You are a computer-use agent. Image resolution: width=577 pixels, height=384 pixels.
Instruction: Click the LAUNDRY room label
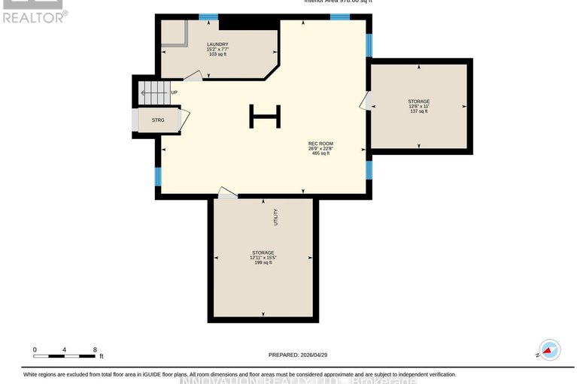(217, 44)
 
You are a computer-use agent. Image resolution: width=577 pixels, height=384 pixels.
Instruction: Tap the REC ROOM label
(320, 143)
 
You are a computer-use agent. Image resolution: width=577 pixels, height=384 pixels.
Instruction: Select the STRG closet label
(158, 120)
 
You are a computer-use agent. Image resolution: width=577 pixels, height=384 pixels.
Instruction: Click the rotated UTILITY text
(276, 216)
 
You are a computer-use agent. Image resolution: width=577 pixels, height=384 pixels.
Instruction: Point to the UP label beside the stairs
(174, 92)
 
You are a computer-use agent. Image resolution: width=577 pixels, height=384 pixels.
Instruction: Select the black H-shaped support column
(265, 116)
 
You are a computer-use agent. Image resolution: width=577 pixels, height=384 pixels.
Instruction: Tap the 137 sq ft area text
(418, 111)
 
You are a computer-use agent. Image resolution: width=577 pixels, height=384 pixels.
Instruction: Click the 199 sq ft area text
(263, 262)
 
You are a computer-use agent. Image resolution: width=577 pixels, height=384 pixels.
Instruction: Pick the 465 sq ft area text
(320, 153)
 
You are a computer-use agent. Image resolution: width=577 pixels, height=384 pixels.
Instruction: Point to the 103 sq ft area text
(217, 55)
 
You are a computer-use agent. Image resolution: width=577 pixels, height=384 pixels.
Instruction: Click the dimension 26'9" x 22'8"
(320, 148)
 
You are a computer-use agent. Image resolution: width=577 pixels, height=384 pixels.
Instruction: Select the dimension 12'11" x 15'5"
(263, 257)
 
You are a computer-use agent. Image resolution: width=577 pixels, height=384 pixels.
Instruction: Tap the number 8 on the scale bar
(94, 349)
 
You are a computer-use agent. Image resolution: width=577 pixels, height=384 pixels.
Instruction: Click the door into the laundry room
(193, 76)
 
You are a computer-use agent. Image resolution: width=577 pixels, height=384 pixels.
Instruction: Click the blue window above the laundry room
(208, 17)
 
